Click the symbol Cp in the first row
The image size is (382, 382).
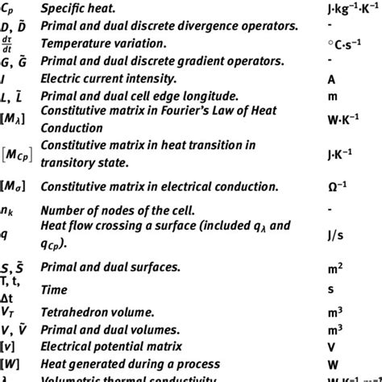point(8,9)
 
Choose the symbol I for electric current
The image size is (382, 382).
point(4,80)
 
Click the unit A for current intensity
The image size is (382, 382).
point(331,80)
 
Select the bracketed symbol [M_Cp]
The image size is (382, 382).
point(17,153)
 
